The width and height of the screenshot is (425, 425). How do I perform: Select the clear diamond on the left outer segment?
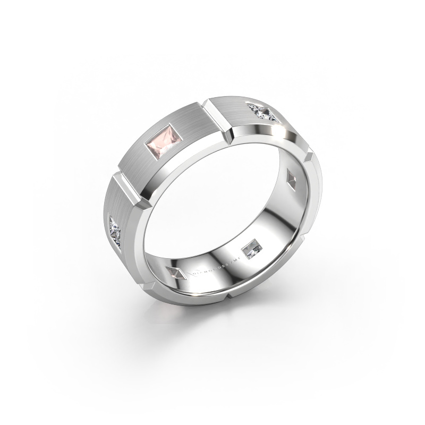117,230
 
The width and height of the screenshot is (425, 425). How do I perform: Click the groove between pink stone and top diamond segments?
219,117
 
